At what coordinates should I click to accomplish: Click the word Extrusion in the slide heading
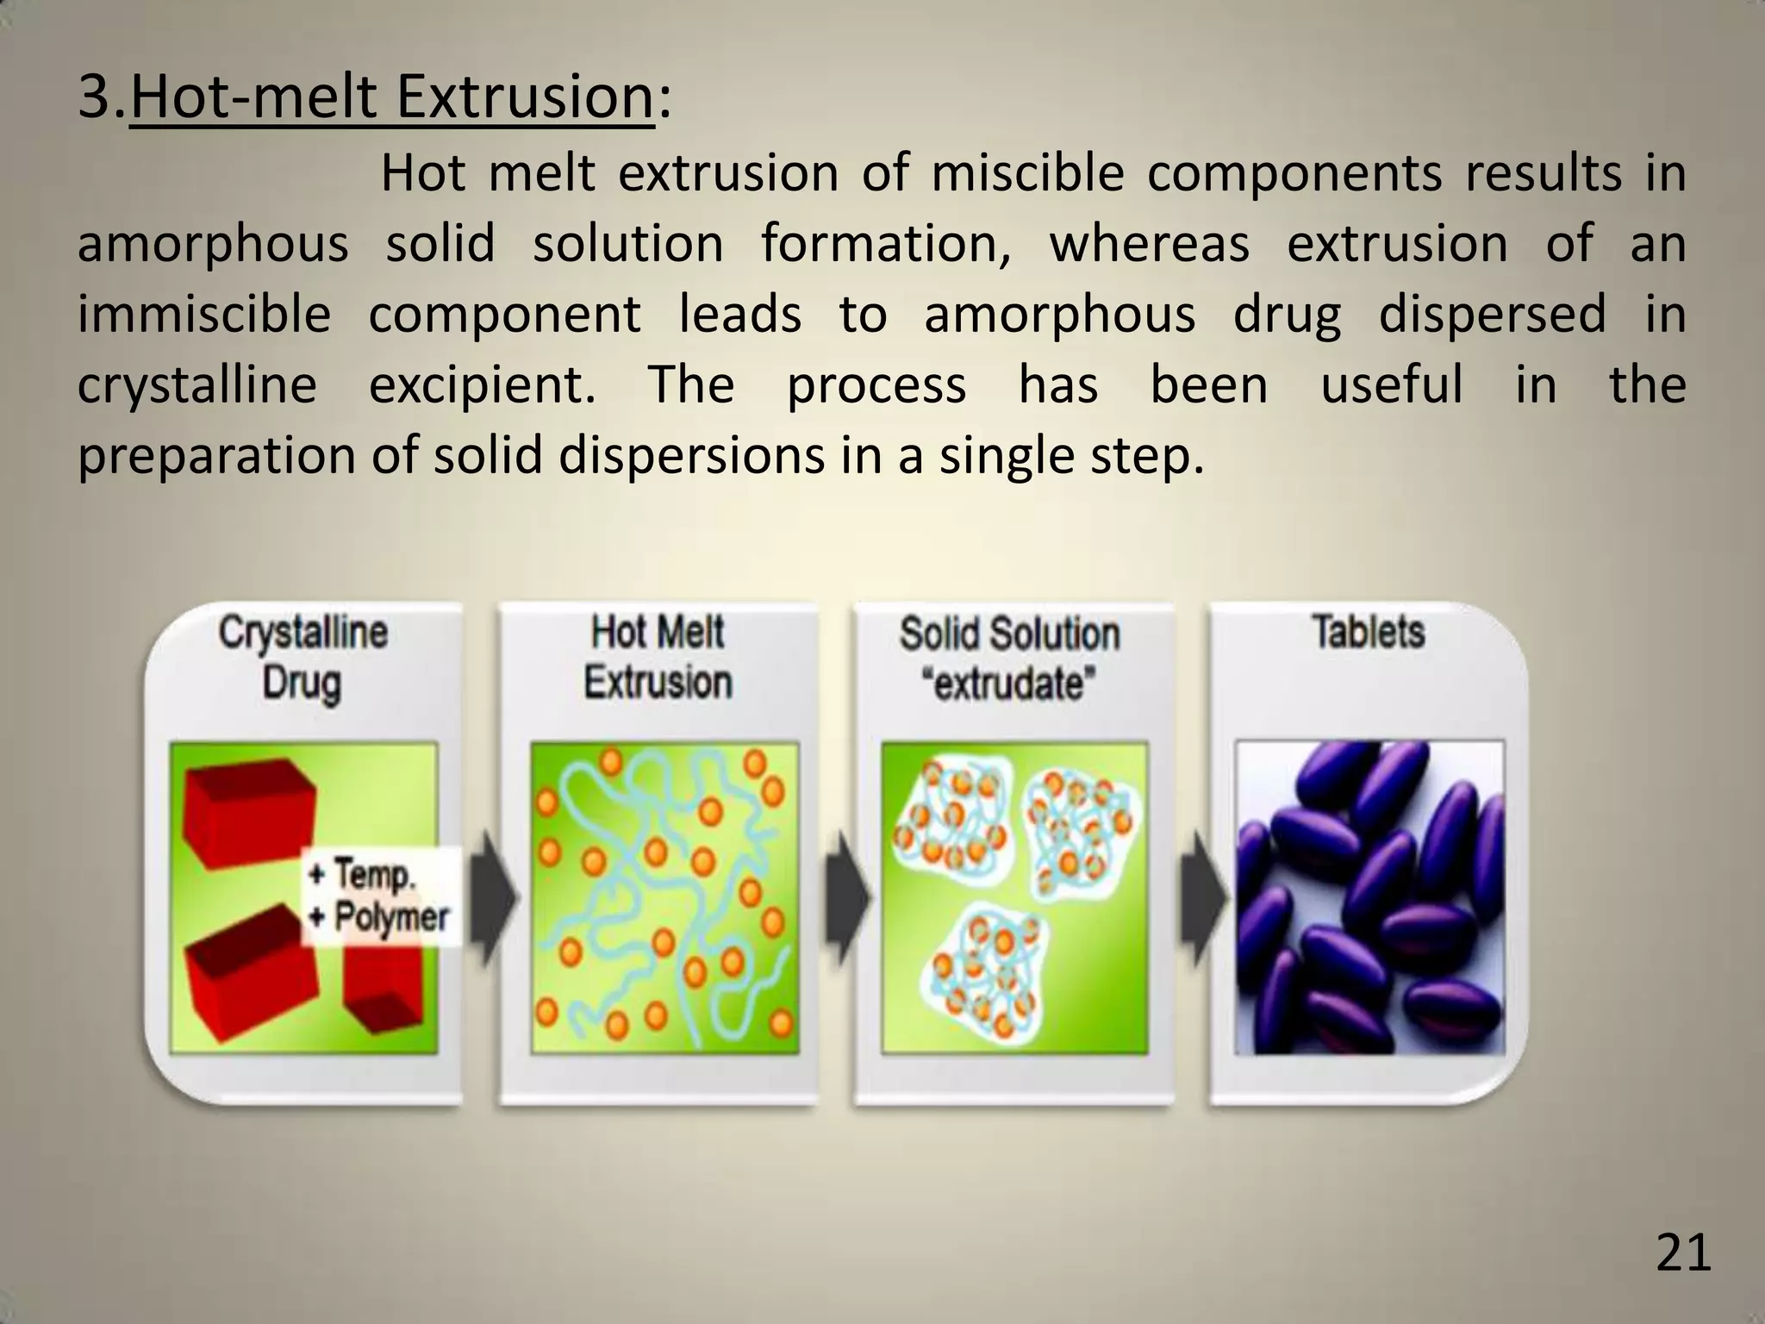click(525, 97)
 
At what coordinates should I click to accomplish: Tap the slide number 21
click(1683, 1253)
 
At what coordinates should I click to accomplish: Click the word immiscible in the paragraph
click(204, 314)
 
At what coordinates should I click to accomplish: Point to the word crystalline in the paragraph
click(196, 384)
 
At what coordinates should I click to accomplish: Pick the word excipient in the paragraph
click(482, 384)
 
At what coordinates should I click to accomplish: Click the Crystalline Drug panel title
click(302, 657)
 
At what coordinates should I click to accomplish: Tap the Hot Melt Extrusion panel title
click(658, 657)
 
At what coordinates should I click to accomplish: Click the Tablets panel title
click(1368, 632)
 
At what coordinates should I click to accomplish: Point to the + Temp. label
click(362, 874)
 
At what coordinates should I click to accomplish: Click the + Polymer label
click(379, 917)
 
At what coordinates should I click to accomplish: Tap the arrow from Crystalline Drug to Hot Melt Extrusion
click(493, 896)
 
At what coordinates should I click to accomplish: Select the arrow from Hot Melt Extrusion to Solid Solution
click(846, 896)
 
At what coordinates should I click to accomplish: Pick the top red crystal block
click(246, 810)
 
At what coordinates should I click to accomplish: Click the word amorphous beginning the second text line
click(213, 244)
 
